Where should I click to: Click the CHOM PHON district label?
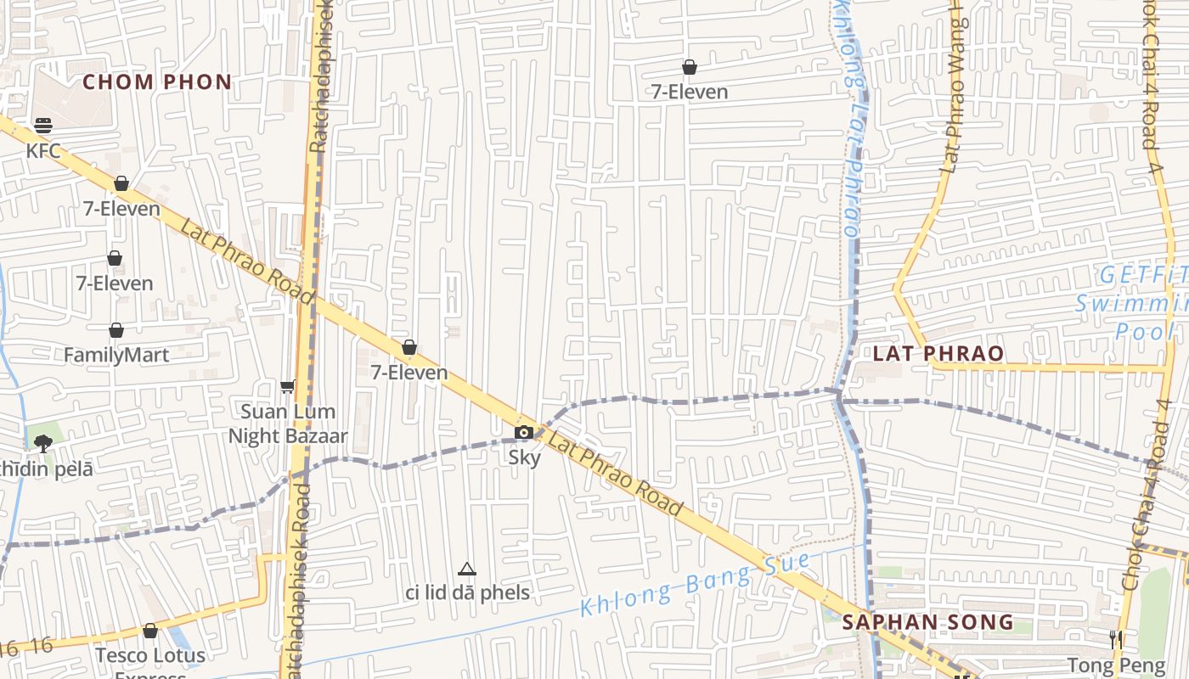(157, 82)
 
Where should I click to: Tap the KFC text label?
(43, 151)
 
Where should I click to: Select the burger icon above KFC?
(43, 126)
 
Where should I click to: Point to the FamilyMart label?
(116, 355)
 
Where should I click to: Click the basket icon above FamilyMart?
(116, 330)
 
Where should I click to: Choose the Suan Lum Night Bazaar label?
(288, 424)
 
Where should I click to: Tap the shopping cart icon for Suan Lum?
(288, 386)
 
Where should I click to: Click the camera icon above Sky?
(524, 433)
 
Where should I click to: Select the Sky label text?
(524, 457)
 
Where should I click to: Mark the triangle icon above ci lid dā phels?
(466, 569)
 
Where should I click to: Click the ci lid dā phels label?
(467, 592)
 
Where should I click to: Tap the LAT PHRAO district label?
(938, 353)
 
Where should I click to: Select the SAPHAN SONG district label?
(927, 622)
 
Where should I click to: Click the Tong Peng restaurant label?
(1116, 665)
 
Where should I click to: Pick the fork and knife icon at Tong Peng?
(1116, 639)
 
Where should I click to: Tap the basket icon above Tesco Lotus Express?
(150, 631)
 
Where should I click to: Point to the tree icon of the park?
(43, 442)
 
